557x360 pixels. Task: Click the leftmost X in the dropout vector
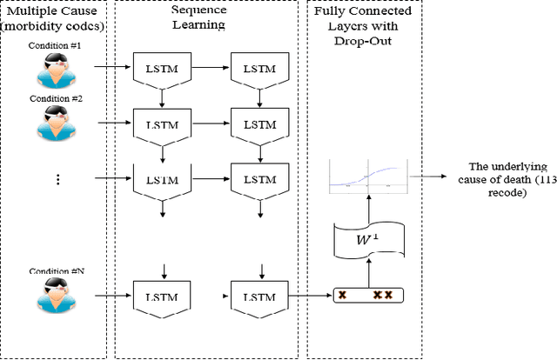point(343,296)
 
